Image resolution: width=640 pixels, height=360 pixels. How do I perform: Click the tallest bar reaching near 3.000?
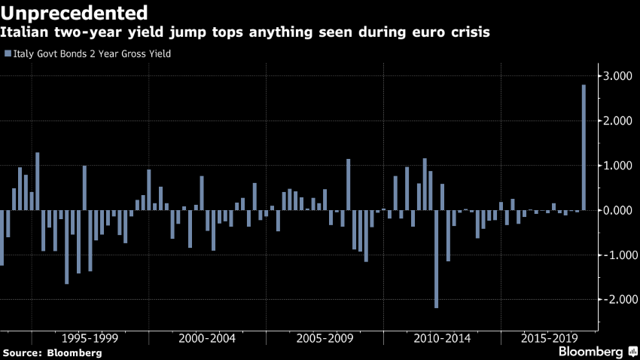(x=584, y=148)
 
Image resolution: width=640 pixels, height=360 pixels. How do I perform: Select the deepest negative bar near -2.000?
(x=437, y=259)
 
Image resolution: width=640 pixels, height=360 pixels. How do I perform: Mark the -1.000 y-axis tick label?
(x=614, y=255)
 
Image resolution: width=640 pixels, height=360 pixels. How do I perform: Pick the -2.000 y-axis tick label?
(x=614, y=299)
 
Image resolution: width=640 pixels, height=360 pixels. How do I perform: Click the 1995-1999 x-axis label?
(x=90, y=338)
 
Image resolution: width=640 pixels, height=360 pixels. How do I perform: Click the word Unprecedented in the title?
(x=74, y=13)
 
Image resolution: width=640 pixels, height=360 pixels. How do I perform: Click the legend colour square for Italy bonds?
(x=8, y=53)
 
